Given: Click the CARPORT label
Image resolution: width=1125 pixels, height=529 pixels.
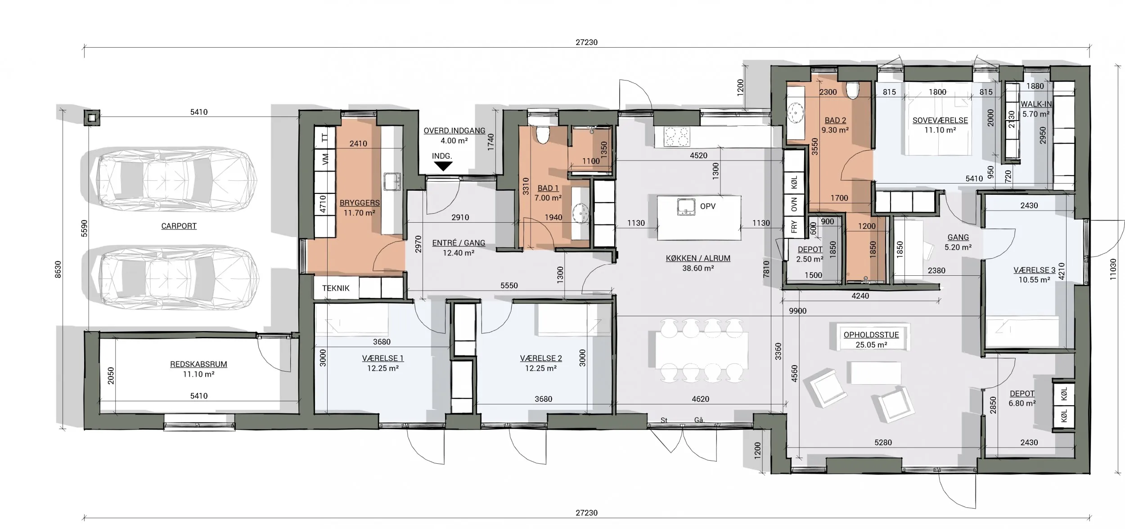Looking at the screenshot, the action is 179,226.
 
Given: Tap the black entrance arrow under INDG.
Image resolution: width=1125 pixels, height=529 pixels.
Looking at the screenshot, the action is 443,166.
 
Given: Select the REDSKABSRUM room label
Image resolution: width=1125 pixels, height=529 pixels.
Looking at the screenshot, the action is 198,364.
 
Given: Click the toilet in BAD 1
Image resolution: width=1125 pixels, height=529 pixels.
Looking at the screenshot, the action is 543,134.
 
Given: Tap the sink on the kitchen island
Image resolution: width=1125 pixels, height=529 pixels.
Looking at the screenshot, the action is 686,206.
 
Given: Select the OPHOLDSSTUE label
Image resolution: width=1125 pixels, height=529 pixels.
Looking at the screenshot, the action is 871,335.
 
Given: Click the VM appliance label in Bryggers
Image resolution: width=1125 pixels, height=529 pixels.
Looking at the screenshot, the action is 326,159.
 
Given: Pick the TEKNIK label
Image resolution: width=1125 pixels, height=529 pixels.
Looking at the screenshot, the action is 336,288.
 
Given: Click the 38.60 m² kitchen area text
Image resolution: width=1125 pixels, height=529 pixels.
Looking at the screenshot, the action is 698,269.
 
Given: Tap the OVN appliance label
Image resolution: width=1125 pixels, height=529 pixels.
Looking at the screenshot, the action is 794,205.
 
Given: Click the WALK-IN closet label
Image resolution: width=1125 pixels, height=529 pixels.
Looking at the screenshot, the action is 1036,104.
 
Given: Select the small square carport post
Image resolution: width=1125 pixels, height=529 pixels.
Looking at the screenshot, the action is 92,118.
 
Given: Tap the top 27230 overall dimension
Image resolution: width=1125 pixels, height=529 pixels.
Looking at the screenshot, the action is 586,42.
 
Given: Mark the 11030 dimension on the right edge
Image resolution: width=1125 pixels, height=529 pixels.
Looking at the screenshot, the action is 1113,269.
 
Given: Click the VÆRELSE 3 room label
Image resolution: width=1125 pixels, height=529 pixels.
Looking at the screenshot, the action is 1034,270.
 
